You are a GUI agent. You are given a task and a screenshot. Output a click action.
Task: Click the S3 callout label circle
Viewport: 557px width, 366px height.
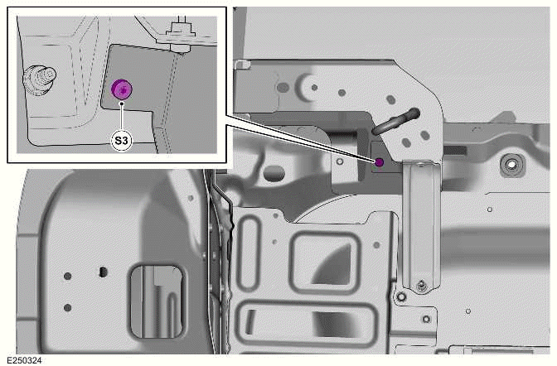click(x=122, y=141)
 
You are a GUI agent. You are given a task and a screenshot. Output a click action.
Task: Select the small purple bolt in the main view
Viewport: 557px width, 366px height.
click(x=379, y=161)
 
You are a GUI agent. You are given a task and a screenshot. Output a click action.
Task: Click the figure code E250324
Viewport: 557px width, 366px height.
click(x=24, y=359)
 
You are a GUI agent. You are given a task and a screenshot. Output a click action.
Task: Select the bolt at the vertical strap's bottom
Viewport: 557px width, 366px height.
click(x=422, y=287)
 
